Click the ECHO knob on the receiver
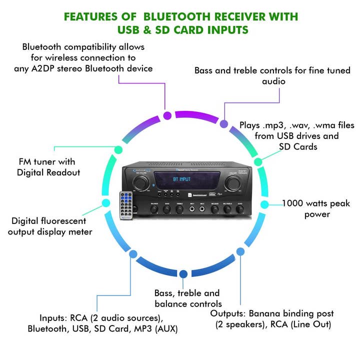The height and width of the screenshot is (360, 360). (x=239, y=210)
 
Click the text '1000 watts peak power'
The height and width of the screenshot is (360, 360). (x=309, y=208)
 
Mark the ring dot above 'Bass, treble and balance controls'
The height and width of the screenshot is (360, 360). (x=183, y=273)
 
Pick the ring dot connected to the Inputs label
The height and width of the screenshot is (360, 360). (x=133, y=253)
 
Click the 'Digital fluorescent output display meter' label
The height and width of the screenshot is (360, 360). (x=48, y=226)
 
